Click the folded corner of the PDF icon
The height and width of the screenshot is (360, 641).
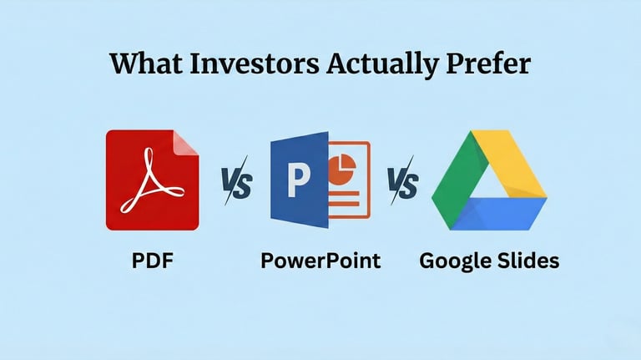[188, 141]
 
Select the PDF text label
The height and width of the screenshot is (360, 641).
[152, 260]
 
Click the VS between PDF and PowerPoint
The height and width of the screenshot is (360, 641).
[236, 183]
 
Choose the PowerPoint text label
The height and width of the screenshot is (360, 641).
[320, 260]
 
